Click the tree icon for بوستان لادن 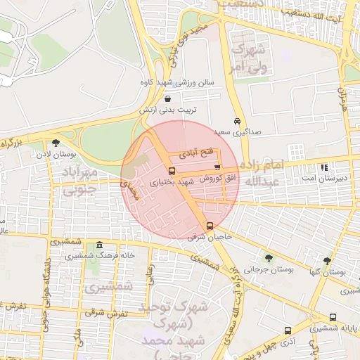tap(56, 143)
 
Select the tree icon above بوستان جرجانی tap(268, 258)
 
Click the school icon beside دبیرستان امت tap(324, 167)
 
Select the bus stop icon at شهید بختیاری tap(172, 171)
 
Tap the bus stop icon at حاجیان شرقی tap(210, 226)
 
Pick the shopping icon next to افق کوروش tap(217, 167)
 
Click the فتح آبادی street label tap(194, 152)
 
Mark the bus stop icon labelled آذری tap(288, 330)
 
